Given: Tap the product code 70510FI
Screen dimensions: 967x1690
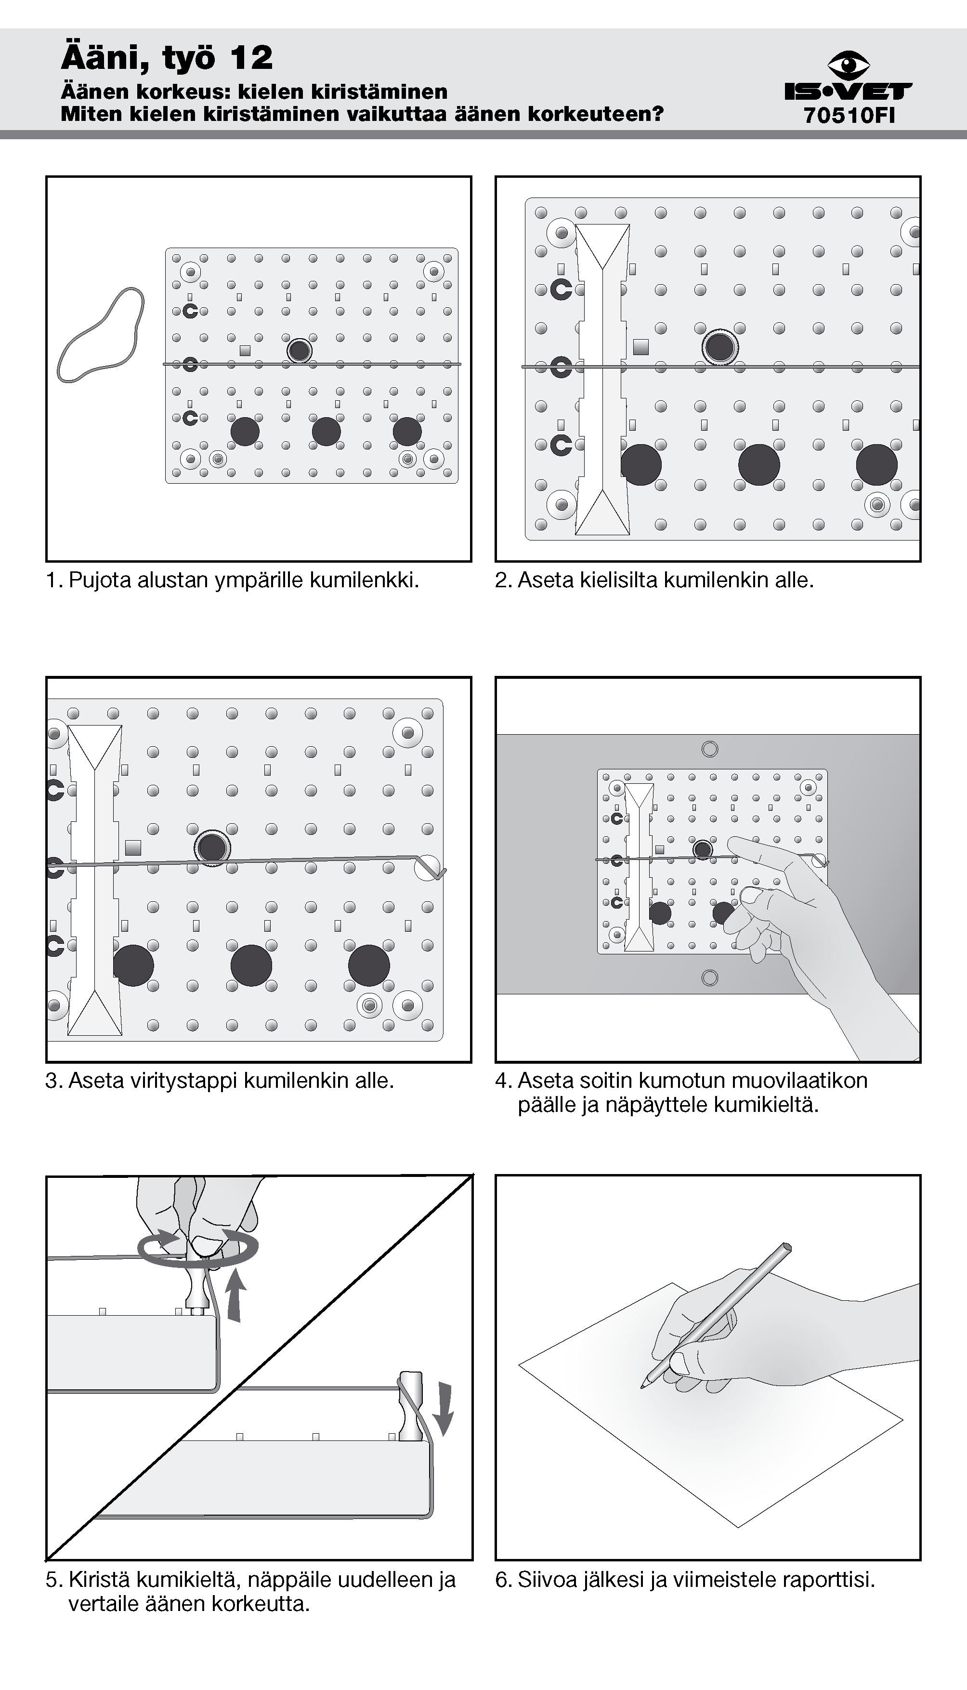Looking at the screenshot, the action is (x=849, y=116).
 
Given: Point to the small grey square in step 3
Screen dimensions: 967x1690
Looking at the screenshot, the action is (x=133, y=848).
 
